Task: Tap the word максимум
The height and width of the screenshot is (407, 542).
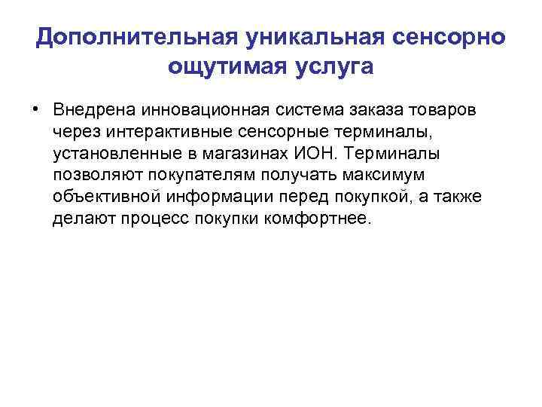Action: coord(382,176)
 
